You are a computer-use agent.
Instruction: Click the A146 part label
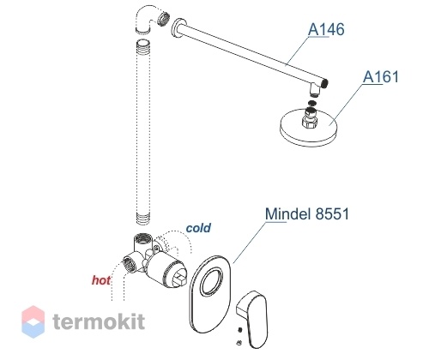click(x=326, y=30)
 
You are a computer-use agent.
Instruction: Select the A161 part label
click(x=381, y=77)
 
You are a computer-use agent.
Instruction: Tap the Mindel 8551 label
click(x=307, y=213)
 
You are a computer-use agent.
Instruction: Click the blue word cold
click(x=198, y=228)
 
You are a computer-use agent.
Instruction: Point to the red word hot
click(x=101, y=280)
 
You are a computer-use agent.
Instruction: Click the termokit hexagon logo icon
click(x=33, y=321)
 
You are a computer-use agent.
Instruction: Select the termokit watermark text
click(x=99, y=321)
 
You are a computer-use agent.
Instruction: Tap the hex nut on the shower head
click(x=309, y=122)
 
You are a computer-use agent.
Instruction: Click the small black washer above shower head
click(x=311, y=103)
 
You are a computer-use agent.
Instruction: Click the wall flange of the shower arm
click(x=178, y=29)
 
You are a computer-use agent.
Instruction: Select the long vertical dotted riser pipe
click(x=143, y=132)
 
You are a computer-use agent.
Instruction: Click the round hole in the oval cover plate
click(x=212, y=281)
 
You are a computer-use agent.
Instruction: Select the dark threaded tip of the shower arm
click(x=325, y=83)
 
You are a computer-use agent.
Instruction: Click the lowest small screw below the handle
click(x=239, y=343)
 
